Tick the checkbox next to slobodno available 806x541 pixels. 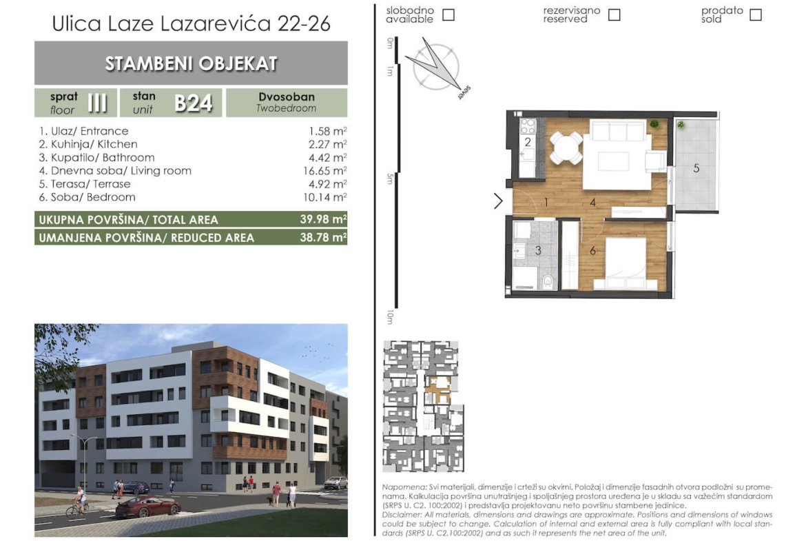click(x=448, y=14)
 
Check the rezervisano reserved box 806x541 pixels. click(x=614, y=14)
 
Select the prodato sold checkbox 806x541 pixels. click(x=755, y=14)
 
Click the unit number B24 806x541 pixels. click(x=194, y=103)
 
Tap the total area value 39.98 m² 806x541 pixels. click(x=323, y=219)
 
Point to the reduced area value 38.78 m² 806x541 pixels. click(x=323, y=237)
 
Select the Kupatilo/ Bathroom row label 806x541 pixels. click(x=96, y=157)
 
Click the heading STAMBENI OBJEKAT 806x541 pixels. click(x=192, y=63)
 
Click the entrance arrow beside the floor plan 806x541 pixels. click(x=497, y=201)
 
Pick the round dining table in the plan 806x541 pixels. click(x=566, y=147)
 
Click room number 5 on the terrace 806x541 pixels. click(x=696, y=168)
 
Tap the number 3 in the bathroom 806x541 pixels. click(x=537, y=250)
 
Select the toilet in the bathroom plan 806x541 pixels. click(x=548, y=280)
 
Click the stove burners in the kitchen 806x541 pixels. click(x=528, y=127)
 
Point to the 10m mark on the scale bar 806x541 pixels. click(x=390, y=317)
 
